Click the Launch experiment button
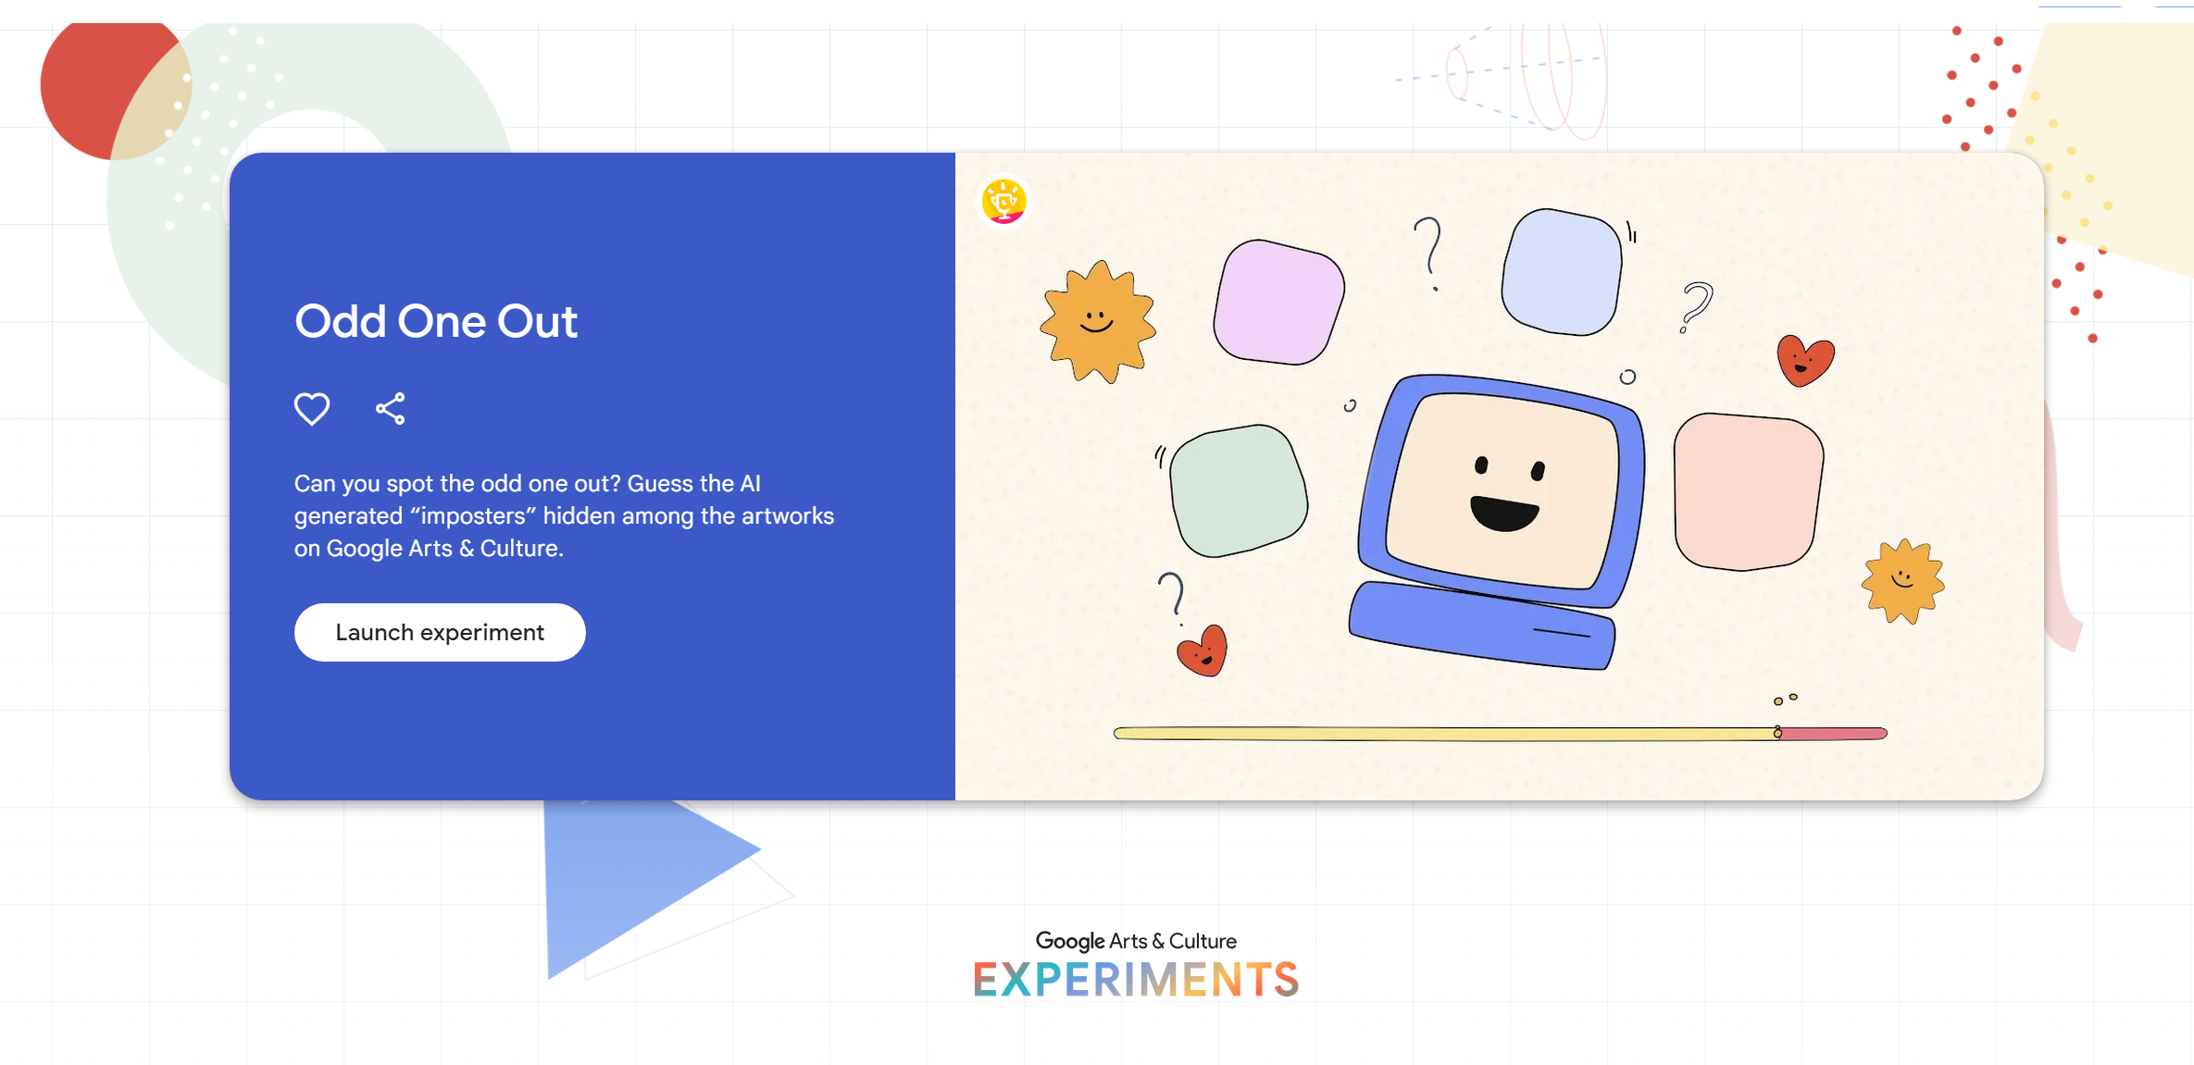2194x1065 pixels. pyautogui.click(x=440, y=632)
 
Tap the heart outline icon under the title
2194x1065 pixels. pyautogui.click(x=312, y=408)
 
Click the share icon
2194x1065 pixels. pyautogui.click(x=391, y=408)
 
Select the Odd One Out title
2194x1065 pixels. pyautogui.click(x=436, y=321)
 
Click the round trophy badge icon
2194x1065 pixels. pyautogui.click(x=1004, y=201)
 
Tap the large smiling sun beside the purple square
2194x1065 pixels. pyautogui.click(x=1098, y=321)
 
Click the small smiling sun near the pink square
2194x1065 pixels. pyautogui.click(x=1902, y=581)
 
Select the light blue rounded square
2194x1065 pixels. pyautogui.click(x=1562, y=271)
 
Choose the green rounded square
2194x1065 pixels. pyautogui.click(x=1239, y=490)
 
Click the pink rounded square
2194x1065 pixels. pyautogui.click(x=1748, y=491)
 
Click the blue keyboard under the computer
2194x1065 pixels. pyautogui.click(x=1481, y=625)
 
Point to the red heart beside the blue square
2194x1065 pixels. pyautogui.click(x=1804, y=360)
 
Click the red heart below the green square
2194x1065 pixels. pyautogui.click(x=1203, y=651)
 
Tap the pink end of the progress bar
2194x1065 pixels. pyautogui.click(x=1834, y=734)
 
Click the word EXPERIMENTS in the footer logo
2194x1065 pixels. pyautogui.click(x=1136, y=980)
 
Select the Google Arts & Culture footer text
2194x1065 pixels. pyautogui.click(x=1136, y=941)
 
